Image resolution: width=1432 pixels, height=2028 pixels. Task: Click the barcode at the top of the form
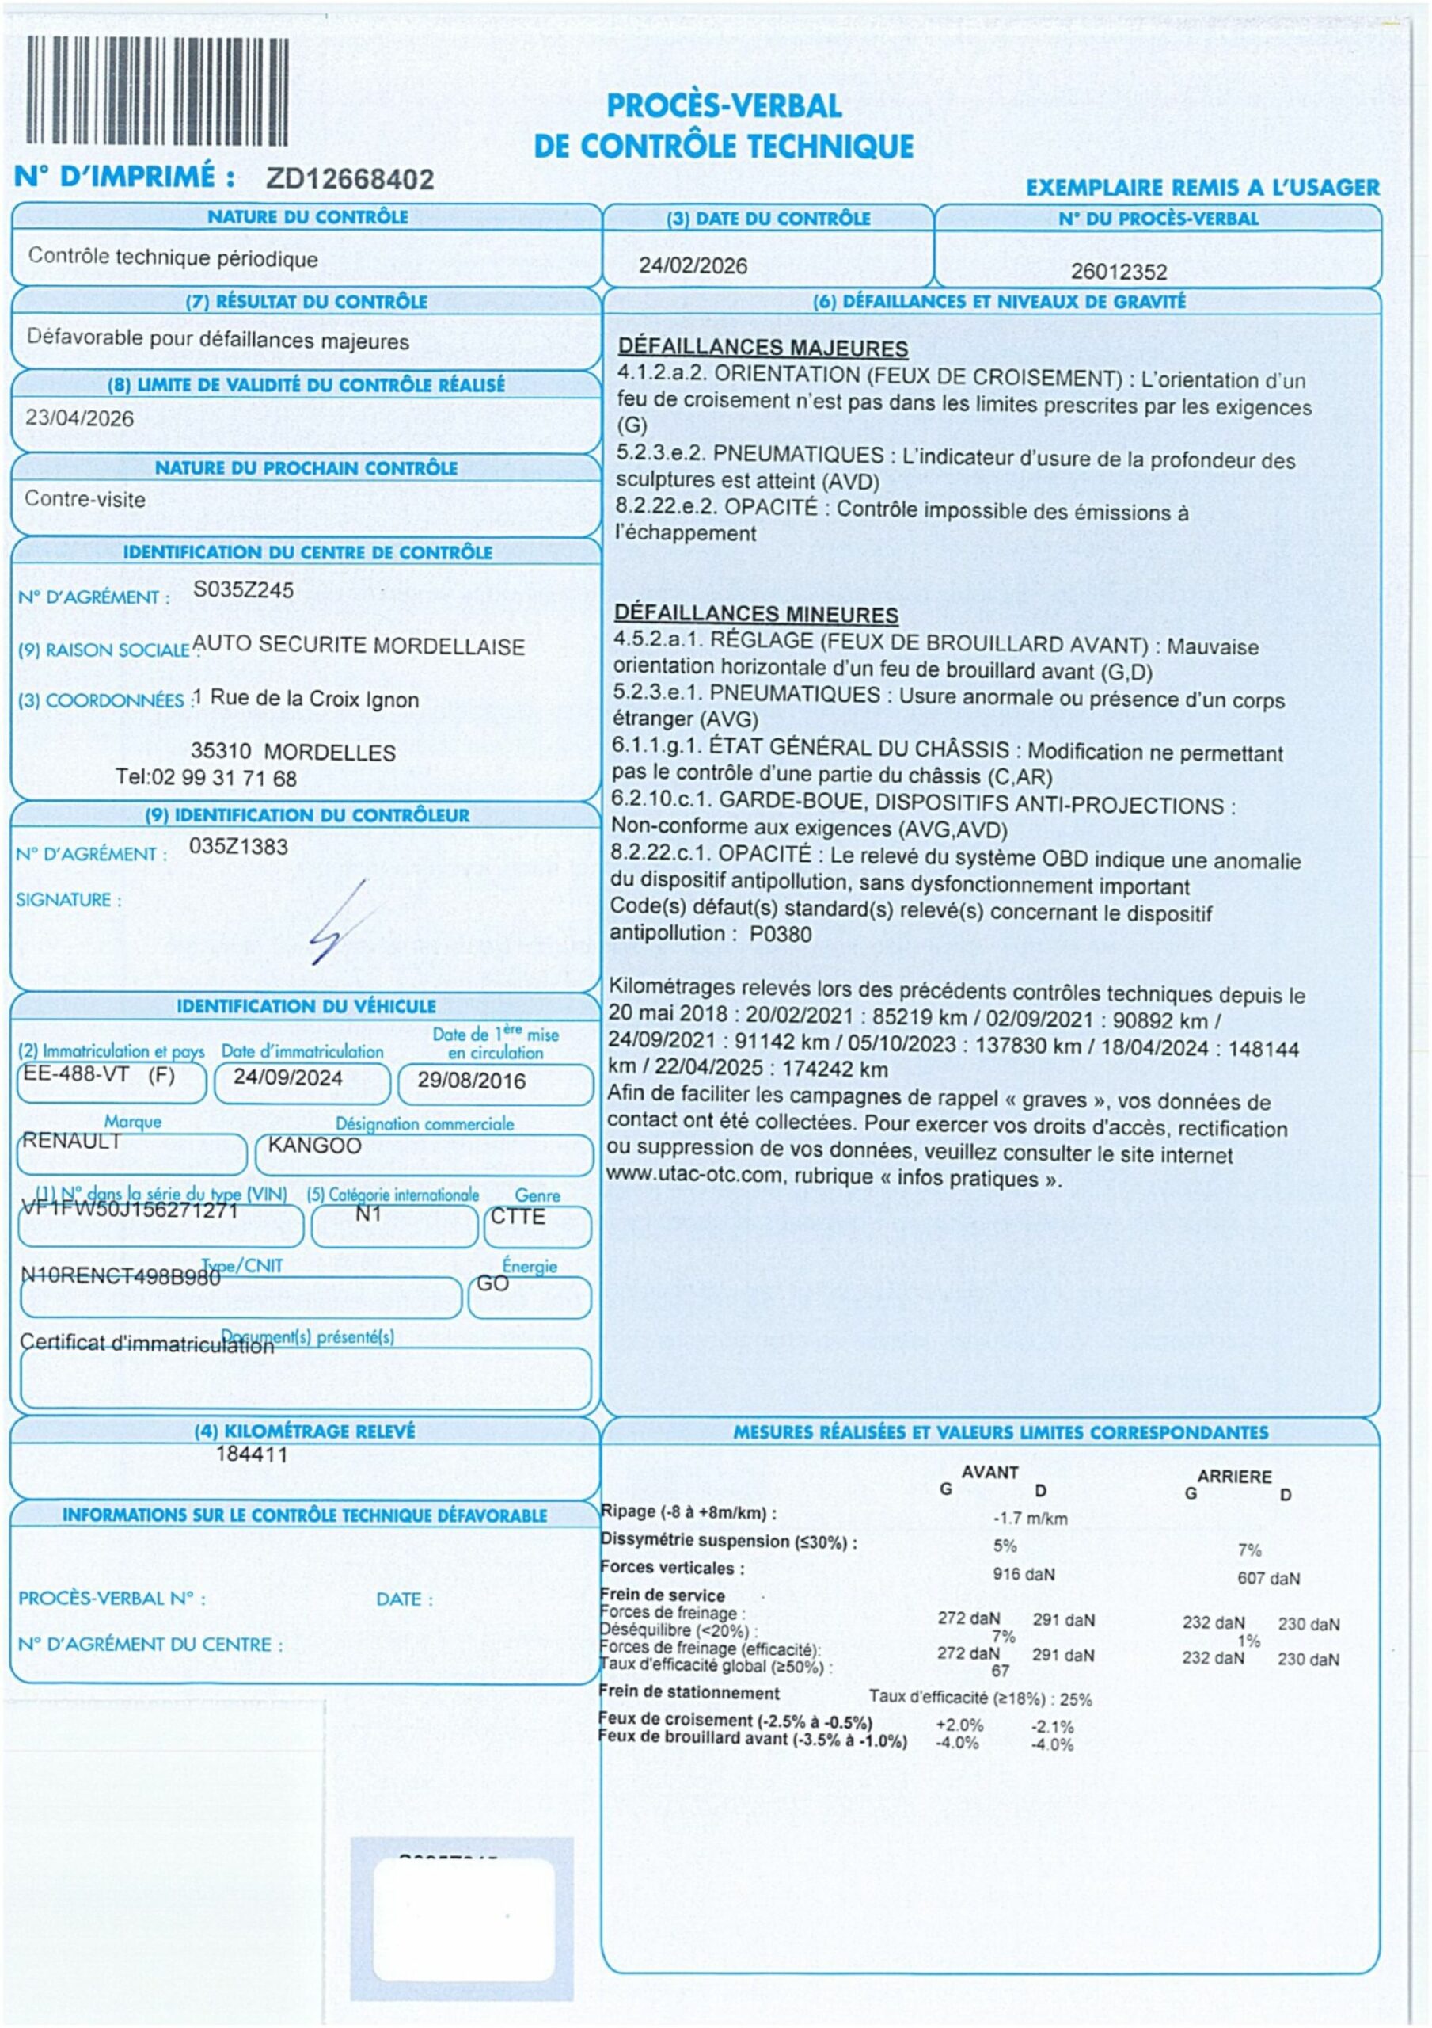pos(158,91)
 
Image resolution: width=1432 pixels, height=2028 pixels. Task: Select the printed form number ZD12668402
pos(350,179)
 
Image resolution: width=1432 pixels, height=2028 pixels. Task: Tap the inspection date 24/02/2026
pos(693,266)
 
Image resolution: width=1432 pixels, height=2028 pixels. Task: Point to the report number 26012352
pos(1119,272)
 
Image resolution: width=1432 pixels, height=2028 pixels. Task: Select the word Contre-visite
pos(85,499)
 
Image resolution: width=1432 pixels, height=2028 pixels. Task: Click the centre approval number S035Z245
pos(243,590)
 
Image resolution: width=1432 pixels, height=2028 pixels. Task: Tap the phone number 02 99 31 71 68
pos(224,778)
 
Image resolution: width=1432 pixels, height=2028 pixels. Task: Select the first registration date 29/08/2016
pos(472,1081)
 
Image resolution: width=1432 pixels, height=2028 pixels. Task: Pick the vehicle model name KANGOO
pos(314,1146)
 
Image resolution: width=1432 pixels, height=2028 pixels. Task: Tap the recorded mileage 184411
pos(252,1454)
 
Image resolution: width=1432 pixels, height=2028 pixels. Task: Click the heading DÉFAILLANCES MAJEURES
pos(763,348)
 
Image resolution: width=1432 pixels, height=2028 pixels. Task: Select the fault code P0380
pos(781,934)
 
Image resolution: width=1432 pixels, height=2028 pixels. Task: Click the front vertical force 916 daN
pos(1024,1574)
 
